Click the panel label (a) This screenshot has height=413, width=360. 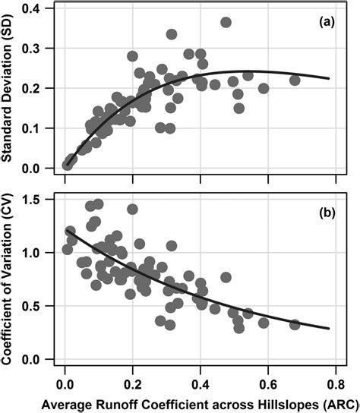click(x=336, y=22)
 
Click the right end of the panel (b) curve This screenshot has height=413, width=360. click(x=329, y=329)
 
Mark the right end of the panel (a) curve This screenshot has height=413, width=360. click(x=329, y=78)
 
